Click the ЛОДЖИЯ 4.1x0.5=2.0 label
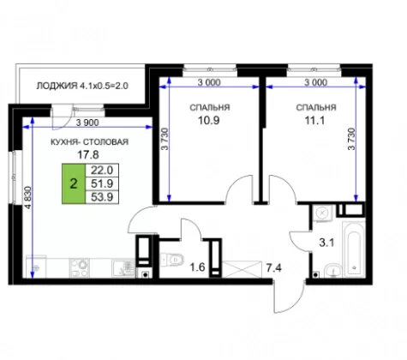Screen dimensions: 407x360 point(82,86)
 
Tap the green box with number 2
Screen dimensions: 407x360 point(74,183)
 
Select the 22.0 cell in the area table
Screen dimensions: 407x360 point(102,171)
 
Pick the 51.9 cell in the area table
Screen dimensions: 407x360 point(102,183)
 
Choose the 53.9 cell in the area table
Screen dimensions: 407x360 point(102,197)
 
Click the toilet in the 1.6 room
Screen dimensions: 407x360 point(172,260)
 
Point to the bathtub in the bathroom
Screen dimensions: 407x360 point(354,249)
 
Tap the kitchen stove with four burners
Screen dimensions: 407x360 point(80,267)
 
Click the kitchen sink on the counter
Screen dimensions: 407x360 point(123,267)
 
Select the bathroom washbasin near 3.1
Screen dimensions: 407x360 point(332,270)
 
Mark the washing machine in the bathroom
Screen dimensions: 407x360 point(323,213)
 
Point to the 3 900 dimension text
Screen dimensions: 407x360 point(87,123)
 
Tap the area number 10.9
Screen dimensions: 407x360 point(209,121)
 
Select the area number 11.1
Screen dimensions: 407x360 point(314,121)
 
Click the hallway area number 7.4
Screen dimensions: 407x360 point(274,268)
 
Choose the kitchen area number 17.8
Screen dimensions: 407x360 point(88,155)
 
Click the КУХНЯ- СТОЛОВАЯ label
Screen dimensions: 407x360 point(89,142)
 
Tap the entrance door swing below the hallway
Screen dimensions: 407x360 point(289,296)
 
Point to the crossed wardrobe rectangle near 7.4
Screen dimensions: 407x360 point(242,269)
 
